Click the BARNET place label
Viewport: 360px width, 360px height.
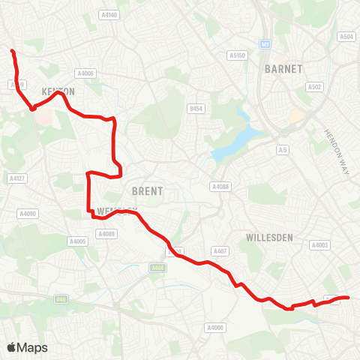[x=283, y=69]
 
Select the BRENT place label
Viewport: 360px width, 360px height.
[x=147, y=191]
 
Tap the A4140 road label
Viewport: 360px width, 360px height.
[x=109, y=14]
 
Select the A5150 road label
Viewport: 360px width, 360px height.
[x=238, y=55]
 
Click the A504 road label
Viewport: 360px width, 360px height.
[x=346, y=37]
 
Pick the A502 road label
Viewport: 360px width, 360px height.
[x=314, y=87]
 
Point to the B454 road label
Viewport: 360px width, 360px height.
[x=196, y=109]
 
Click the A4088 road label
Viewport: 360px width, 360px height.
[x=220, y=187]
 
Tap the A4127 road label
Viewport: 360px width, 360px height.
[x=16, y=178]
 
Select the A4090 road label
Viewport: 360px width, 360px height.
[x=27, y=214]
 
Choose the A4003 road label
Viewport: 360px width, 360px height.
[x=320, y=245]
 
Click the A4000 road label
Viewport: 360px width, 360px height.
[x=215, y=327]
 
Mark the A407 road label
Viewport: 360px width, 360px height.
[x=220, y=250]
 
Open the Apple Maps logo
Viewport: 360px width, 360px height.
[x=28, y=347]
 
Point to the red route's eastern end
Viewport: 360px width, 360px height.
[x=349, y=298]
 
